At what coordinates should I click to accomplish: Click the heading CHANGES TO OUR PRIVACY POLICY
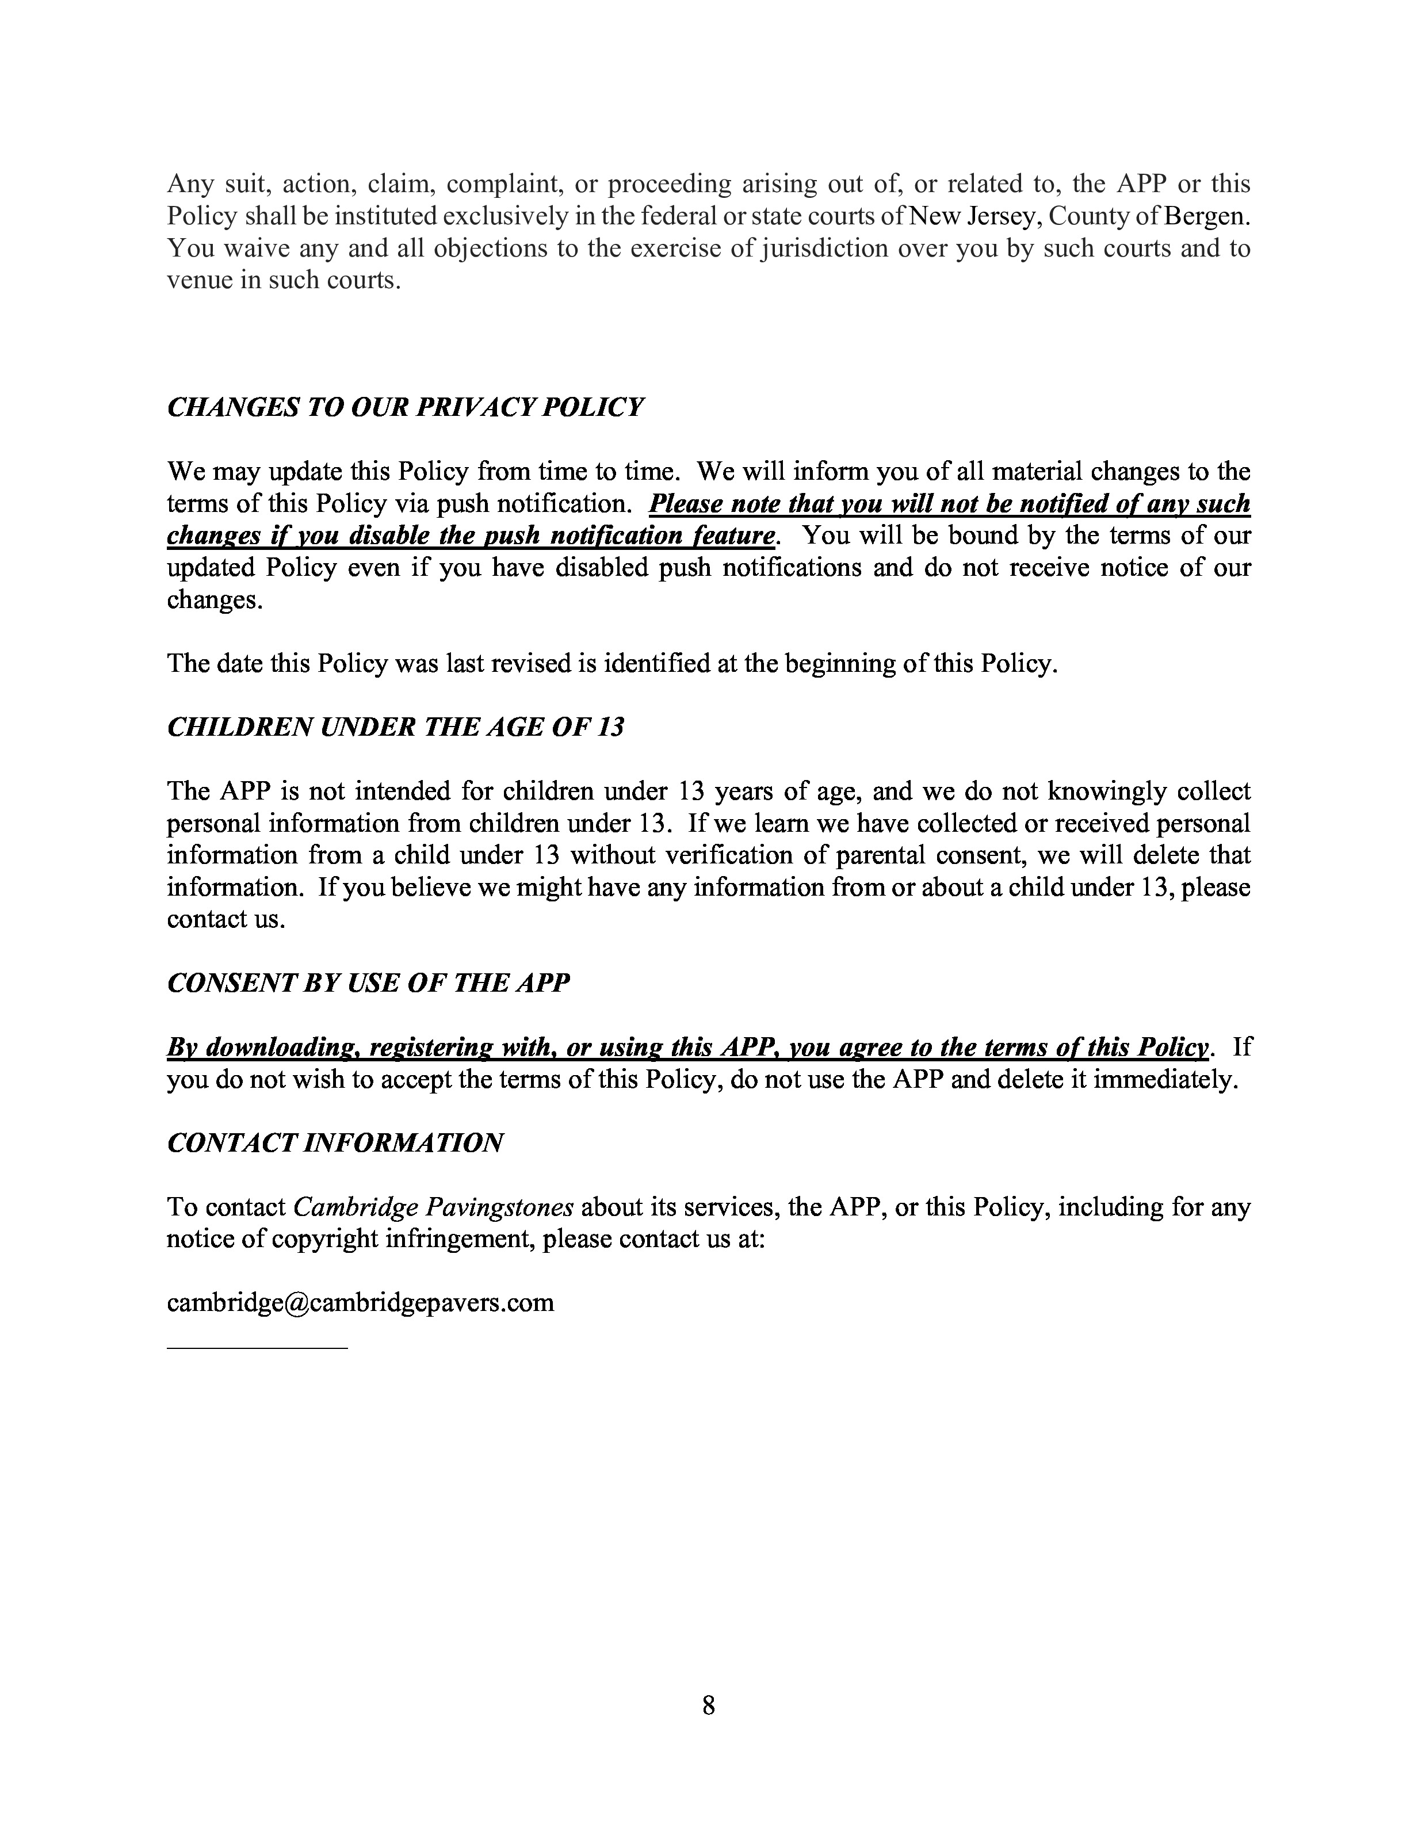405,407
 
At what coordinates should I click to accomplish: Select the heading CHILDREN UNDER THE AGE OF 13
395,727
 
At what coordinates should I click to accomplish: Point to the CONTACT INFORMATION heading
335,1142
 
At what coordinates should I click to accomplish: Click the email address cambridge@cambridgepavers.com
360,1302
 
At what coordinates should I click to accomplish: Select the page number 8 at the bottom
708,1705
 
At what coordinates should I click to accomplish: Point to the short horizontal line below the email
257,1348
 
